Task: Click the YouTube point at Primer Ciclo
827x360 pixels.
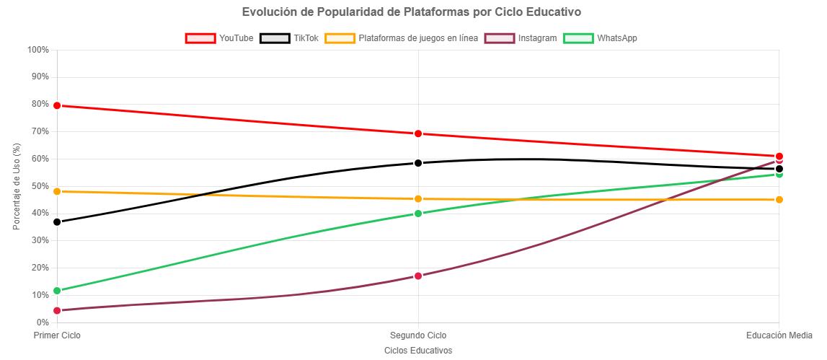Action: tap(57, 105)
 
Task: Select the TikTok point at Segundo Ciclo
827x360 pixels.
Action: tap(418, 163)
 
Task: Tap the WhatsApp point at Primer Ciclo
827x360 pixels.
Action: tap(57, 291)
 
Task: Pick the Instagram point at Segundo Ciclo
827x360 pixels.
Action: tap(418, 276)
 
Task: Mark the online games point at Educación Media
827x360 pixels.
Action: tap(779, 200)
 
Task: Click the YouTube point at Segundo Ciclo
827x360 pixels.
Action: tap(418, 133)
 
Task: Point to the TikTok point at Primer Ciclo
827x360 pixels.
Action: tap(57, 222)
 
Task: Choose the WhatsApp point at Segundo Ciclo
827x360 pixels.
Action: tap(418, 214)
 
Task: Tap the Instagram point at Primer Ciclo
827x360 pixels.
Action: tap(57, 310)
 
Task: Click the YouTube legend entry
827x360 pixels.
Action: tap(220, 38)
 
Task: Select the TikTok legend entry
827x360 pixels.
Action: tap(289, 38)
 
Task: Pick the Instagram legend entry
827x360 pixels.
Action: tap(521, 38)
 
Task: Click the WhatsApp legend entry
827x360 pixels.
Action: tap(600, 38)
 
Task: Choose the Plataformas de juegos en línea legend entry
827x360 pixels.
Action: tap(401, 38)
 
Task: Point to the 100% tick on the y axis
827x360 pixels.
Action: tap(37, 50)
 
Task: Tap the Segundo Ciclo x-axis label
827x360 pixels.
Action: tap(418, 335)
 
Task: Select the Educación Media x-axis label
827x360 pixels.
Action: tap(779, 335)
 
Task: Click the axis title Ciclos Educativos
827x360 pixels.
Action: tap(418, 350)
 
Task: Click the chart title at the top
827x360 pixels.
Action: tap(412, 12)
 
